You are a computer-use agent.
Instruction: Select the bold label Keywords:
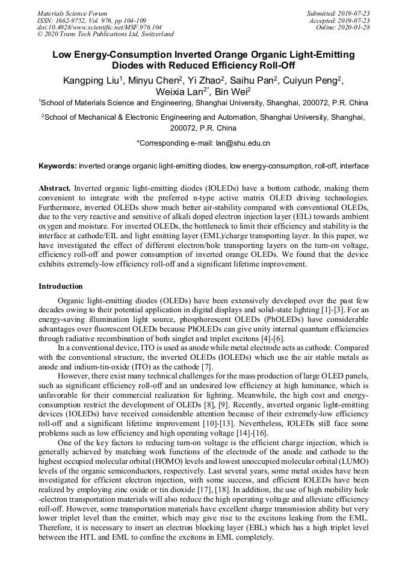(x=58, y=165)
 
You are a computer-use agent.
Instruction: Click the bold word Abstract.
(x=54, y=188)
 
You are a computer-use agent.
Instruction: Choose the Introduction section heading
(x=61, y=286)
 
